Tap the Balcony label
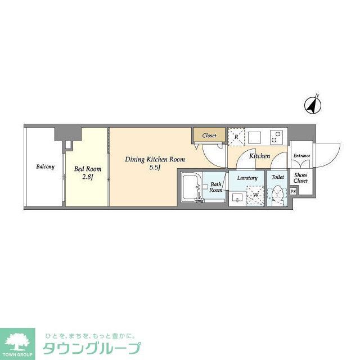pyautogui.click(x=45, y=167)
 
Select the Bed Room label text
pyautogui.click(x=88, y=168)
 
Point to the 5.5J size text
pyautogui.click(x=155, y=168)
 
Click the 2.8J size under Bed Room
pyautogui.click(x=88, y=177)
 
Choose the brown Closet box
pyautogui.click(x=209, y=136)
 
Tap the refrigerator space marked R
pyautogui.click(x=236, y=137)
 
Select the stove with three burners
pyautogui.click(x=277, y=137)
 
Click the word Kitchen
pyautogui.click(x=259, y=156)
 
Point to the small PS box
pyautogui.click(x=293, y=192)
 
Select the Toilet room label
pyautogui.click(x=277, y=177)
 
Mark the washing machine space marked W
pyautogui.click(x=256, y=195)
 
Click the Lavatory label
pyautogui.click(x=247, y=178)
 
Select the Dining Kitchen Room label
pyautogui.click(x=155, y=159)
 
